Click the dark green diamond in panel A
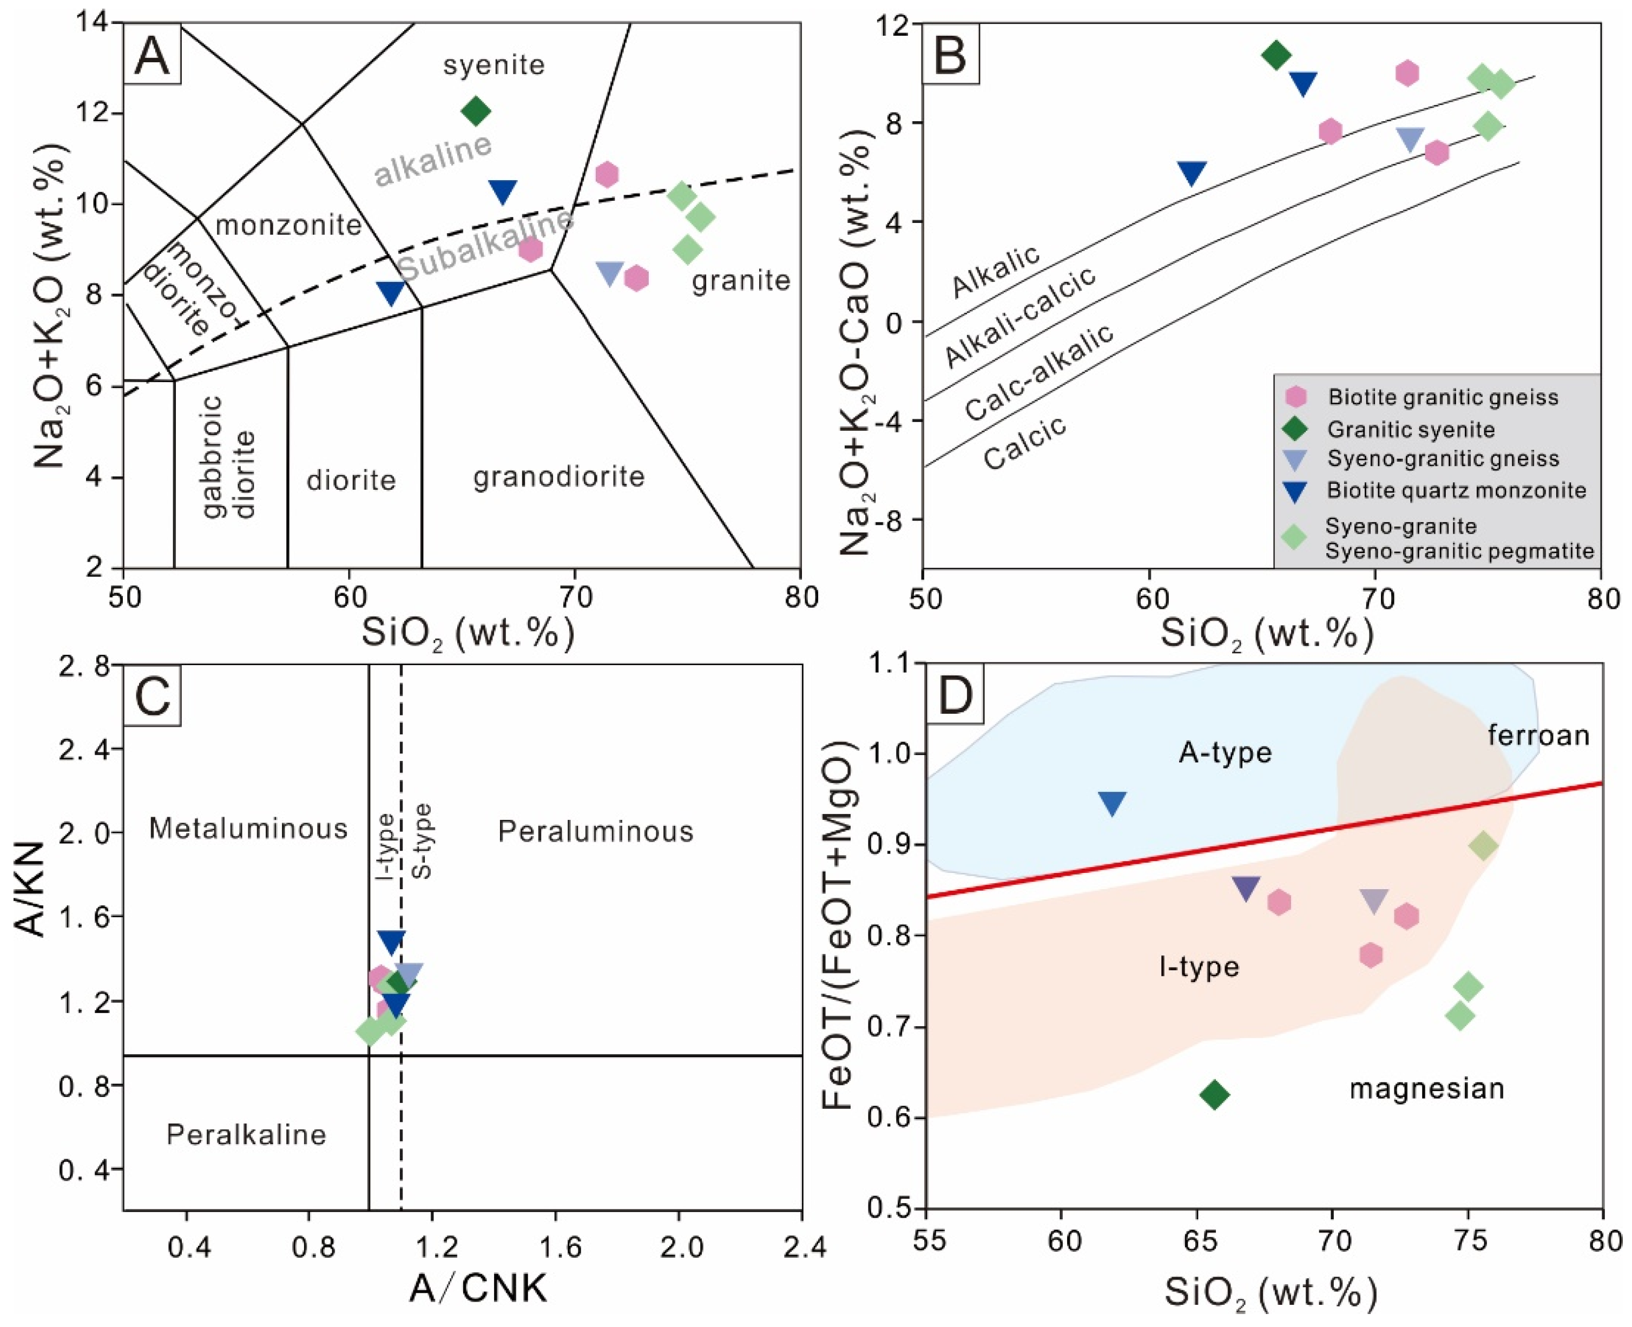(476, 111)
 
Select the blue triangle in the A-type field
(1112, 803)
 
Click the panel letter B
(950, 56)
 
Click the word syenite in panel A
(494, 65)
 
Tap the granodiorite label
(559, 477)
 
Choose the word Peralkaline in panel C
(246, 1134)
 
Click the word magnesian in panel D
(1426, 1088)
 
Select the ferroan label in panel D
(1538, 735)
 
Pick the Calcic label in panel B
(1024, 443)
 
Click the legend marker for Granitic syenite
(1295, 429)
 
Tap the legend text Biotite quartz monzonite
(1456, 490)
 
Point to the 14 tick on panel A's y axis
(93, 23)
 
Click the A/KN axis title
(31, 885)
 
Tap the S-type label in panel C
(421, 841)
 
